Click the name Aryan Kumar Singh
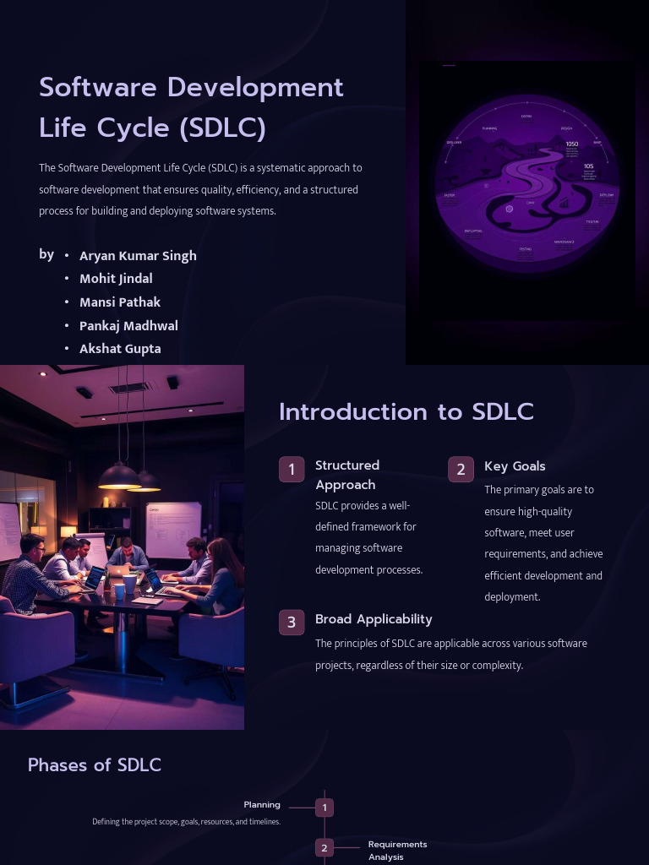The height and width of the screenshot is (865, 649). (138, 256)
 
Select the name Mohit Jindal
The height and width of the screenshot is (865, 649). (116, 279)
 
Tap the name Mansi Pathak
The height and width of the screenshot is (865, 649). (120, 302)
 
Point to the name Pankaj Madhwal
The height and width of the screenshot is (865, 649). (128, 326)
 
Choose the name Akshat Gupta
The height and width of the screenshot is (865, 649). (120, 349)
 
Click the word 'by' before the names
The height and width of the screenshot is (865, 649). (46, 254)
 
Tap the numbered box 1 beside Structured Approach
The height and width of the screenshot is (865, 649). (292, 470)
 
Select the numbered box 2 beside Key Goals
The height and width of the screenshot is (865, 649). (461, 470)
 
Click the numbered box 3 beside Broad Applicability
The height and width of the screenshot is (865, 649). (292, 623)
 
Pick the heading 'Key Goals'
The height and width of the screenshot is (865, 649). (515, 466)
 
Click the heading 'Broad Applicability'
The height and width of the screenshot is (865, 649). (374, 619)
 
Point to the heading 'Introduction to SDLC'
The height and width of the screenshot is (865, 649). (406, 412)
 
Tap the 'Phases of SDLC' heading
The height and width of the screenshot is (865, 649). (95, 765)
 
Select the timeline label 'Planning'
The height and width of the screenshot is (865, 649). (262, 805)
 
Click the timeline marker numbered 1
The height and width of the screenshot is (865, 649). (324, 808)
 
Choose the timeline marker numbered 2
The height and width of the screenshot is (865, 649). (324, 847)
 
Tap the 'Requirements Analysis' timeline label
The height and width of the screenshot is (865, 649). (397, 851)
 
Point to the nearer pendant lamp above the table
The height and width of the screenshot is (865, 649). (120, 476)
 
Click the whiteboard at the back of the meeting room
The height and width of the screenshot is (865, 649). (173, 530)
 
